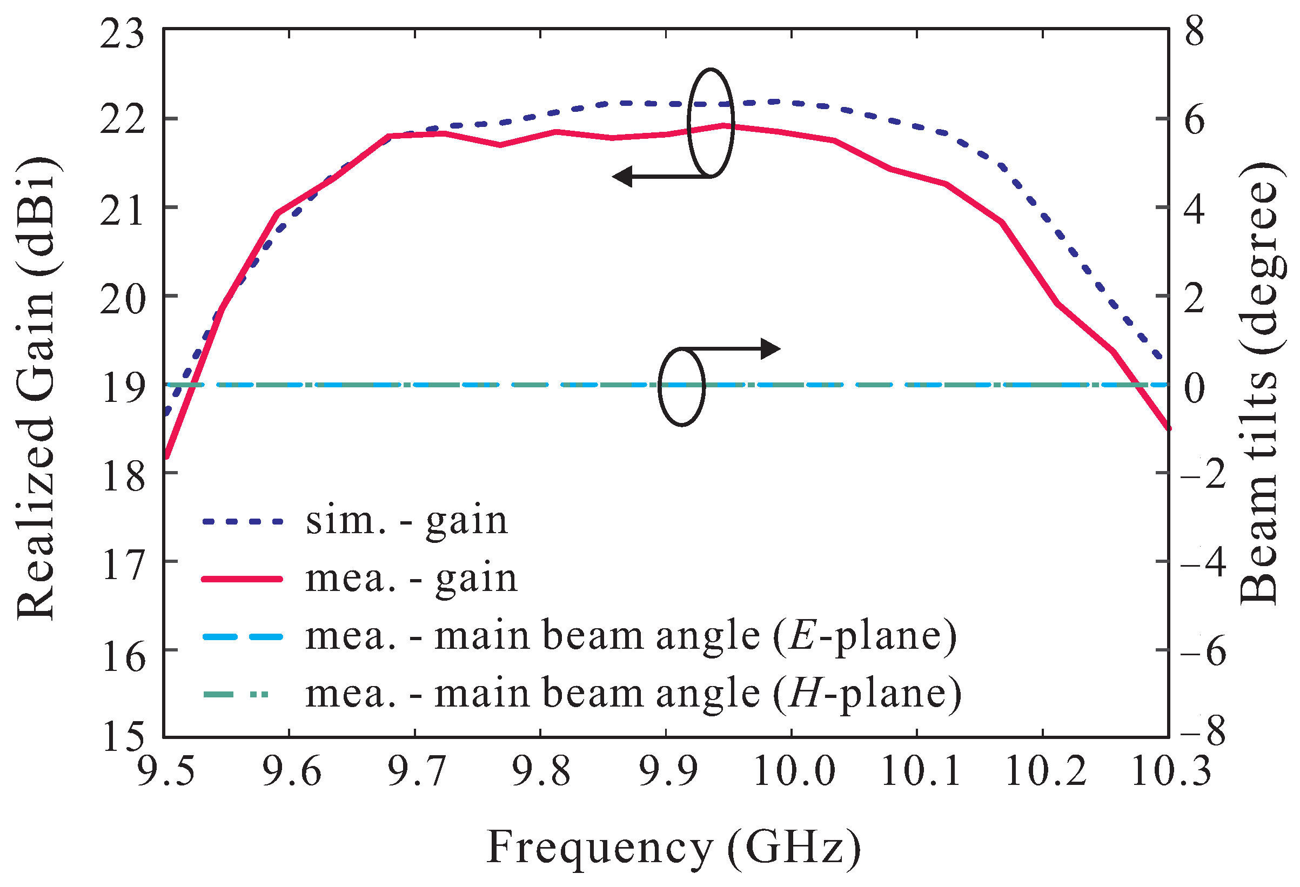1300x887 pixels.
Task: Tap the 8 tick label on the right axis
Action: click(x=1194, y=32)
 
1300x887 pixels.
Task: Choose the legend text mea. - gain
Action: click(x=411, y=579)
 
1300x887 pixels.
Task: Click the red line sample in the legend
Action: click(x=242, y=580)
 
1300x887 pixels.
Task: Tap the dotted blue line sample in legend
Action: click(x=242, y=522)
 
